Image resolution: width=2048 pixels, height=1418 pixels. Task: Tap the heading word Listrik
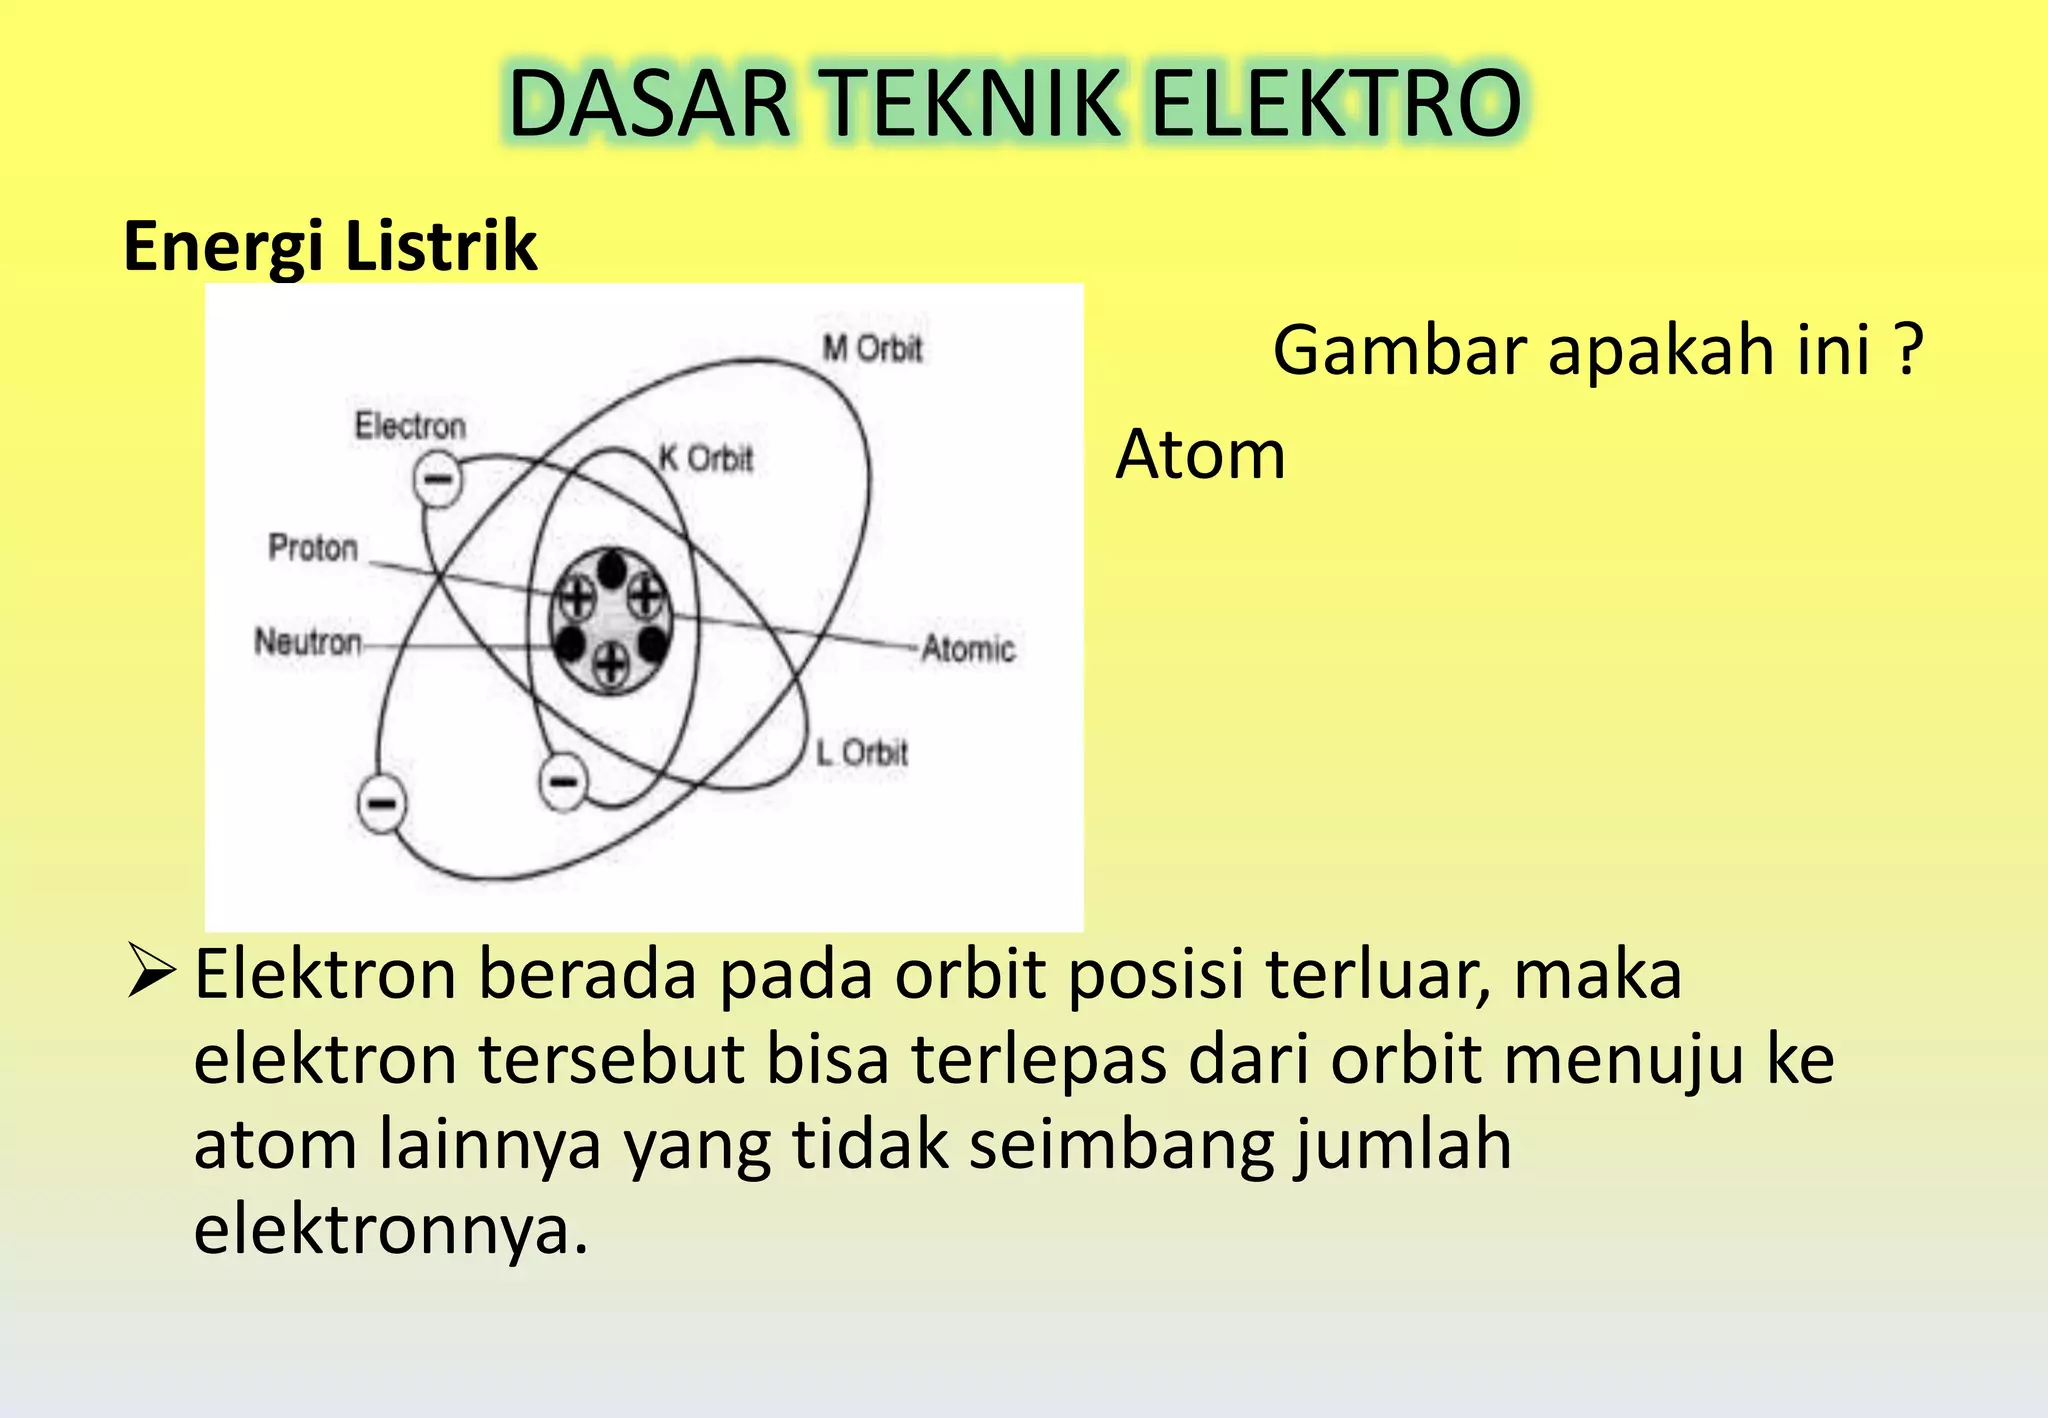tap(441, 246)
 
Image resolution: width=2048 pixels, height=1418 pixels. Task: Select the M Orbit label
tap(871, 349)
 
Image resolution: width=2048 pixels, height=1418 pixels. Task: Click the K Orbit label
tap(706, 459)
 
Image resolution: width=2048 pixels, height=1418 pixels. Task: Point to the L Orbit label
tap(861, 752)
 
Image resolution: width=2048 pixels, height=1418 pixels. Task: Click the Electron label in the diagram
tap(410, 426)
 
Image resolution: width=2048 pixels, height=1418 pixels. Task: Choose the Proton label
tap(313, 548)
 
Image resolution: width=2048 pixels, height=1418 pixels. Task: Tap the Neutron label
tap(308, 641)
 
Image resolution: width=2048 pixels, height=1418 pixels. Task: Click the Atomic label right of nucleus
tap(968, 649)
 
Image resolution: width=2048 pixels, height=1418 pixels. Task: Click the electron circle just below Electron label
tap(438, 479)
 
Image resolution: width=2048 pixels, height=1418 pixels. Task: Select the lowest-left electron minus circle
tap(382, 804)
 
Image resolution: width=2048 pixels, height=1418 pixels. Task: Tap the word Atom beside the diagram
tap(1200, 455)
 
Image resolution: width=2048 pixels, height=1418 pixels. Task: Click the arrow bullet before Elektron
tap(153, 974)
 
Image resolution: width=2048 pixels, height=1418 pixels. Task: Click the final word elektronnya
tap(390, 1229)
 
